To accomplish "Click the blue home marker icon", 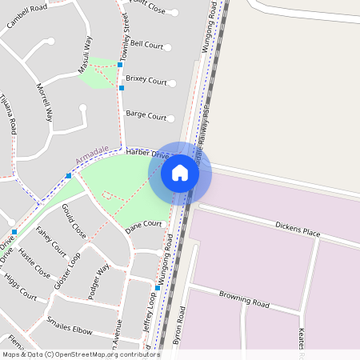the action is [x=180, y=172].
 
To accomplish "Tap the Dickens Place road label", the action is [x=298, y=230].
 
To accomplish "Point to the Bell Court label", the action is [x=146, y=44].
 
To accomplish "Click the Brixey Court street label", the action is [x=146, y=81].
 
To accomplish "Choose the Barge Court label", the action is [x=146, y=115].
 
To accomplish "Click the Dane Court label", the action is [x=144, y=227].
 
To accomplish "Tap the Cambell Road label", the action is [x=27, y=14].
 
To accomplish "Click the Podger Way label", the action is [x=98, y=280].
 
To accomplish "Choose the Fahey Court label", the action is [x=52, y=241].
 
